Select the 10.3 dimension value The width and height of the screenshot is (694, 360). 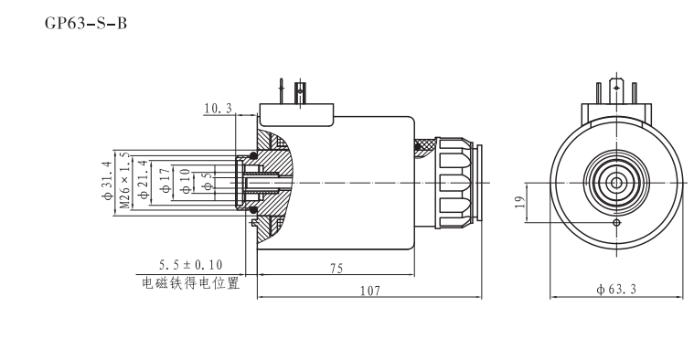click(218, 110)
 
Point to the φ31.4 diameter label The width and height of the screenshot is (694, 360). click(106, 180)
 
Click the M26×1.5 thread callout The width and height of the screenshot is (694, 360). click(123, 181)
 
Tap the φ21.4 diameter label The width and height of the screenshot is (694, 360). click(142, 180)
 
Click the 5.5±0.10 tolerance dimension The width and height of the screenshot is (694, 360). click(190, 265)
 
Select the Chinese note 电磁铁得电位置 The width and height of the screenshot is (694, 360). click(190, 282)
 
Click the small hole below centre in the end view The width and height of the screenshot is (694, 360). click(618, 222)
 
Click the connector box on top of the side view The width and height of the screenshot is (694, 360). click(295, 115)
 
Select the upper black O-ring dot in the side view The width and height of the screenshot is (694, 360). click(253, 154)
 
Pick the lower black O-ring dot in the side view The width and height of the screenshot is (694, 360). click(253, 212)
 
